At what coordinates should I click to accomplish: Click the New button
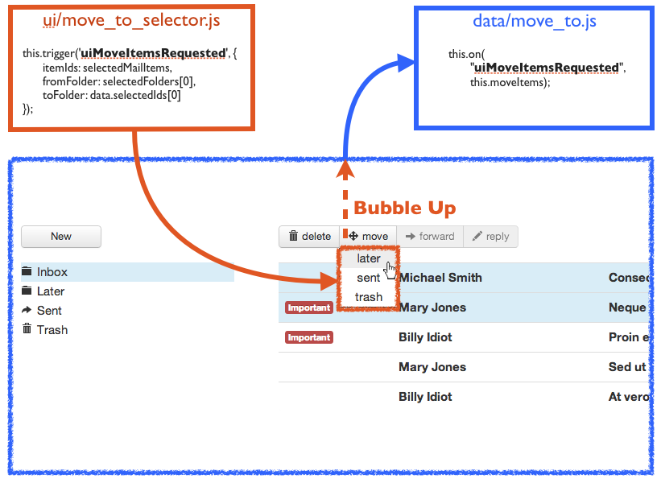(61, 237)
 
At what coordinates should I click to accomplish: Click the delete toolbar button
(309, 237)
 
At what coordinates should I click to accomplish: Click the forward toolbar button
(430, 237)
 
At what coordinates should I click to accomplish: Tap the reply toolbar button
(490, 237)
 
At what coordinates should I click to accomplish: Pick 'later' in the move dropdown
(369, 258)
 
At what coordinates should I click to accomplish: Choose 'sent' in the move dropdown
(369, 278)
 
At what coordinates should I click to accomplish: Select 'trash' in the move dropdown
(369, 297)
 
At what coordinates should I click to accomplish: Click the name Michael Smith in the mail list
(440, 278)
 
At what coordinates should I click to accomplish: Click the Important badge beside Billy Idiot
(309, 337)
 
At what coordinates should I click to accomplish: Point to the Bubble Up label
(405, 208)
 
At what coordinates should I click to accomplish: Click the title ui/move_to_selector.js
(131, 20)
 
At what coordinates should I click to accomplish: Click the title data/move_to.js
(535, 21)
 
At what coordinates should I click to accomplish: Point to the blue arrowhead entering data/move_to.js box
(406, 64)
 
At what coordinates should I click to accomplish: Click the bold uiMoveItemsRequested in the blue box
(547, 68)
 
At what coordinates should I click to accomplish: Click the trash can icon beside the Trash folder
(27, 328)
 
